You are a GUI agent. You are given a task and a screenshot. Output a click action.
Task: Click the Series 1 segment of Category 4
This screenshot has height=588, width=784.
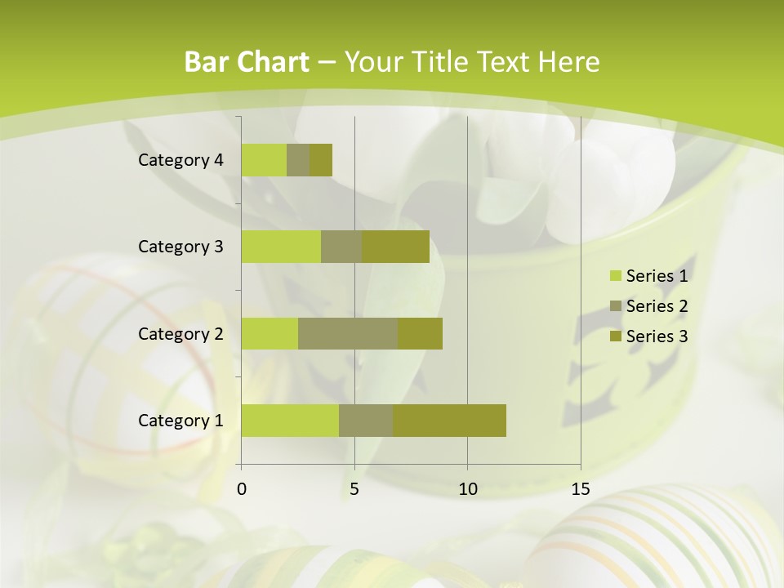tap(264, 160)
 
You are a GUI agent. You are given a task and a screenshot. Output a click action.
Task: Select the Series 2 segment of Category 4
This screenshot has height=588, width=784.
tap(298, 160)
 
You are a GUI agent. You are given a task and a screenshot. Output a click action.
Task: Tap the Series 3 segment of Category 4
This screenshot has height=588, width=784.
tap(321, 160)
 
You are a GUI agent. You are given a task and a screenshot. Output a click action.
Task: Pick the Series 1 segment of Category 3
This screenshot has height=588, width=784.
tap(281, 247)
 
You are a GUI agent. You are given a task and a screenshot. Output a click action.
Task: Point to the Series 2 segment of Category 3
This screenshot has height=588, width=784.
tap(341, 247)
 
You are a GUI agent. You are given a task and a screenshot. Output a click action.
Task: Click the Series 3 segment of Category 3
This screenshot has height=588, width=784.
tap(395, 247)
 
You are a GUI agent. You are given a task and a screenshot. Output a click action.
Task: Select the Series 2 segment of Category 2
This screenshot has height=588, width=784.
tap(348, 333)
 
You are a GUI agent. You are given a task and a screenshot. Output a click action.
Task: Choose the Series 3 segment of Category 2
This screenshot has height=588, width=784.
tap(420, 333)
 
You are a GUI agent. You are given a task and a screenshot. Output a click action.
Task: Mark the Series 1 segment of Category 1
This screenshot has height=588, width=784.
tap(290, 421)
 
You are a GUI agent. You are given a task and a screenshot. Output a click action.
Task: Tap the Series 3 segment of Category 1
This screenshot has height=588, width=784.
tap(449, 421)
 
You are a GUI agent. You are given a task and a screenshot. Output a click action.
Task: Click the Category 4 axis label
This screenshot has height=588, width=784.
tap(180, 160)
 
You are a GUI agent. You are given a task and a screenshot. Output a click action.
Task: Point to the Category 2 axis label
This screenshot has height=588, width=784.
tap(180, 333)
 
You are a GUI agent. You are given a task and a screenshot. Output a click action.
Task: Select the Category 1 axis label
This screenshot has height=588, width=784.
tap(180, 421)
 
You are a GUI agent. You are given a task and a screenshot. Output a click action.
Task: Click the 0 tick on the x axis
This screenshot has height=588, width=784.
tap(242, 489)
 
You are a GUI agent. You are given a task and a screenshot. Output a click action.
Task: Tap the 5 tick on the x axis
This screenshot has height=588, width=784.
tap(354, 489)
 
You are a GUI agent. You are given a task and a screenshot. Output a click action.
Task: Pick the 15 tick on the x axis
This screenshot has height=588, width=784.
tap(581, 489)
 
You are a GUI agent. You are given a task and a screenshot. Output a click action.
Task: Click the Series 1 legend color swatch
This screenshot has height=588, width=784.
tap(615, 276)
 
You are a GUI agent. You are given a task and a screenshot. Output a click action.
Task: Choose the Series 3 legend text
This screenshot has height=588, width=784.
tap(657, 336)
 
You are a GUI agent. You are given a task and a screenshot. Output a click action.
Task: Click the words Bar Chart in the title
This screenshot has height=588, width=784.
tap(247, 62)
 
